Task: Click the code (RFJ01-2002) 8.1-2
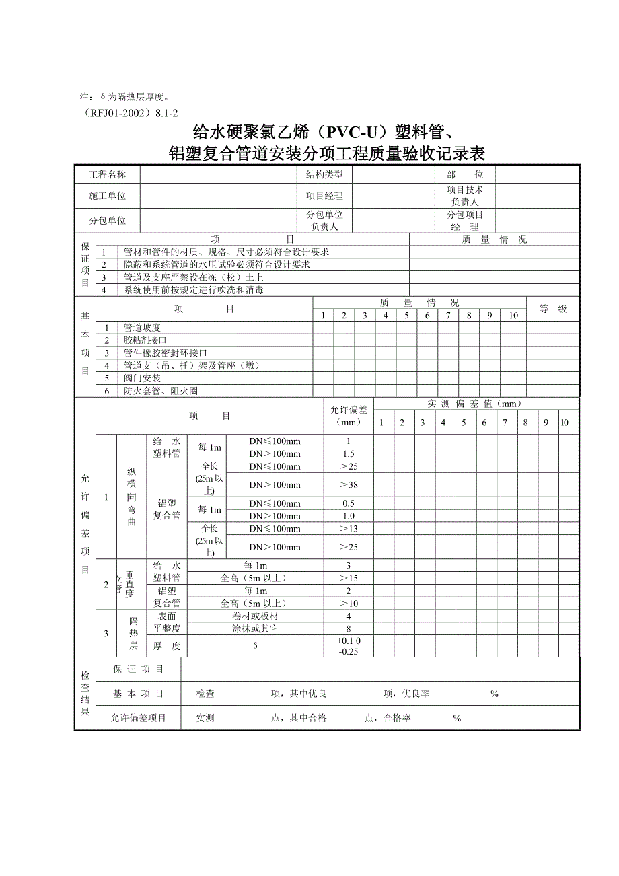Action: tap(128, 113)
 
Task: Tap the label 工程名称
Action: tap(107, 175)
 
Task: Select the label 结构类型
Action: tap(324, 175)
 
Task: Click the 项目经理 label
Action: tap(324, 196)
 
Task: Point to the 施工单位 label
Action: tap(107, 196)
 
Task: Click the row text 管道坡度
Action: tap(141, 328)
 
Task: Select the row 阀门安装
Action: tap(141, 378)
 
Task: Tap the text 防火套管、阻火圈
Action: tap(159, 391)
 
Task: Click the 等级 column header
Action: tap(552, 309)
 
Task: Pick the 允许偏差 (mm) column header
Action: tap(349, 416)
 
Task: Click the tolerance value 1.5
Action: tap(349, 454)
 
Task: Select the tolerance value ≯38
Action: tap(349, 485)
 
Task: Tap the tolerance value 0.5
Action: tap(349, 504)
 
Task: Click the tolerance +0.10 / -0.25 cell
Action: tap(349, 646)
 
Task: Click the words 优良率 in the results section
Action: tap(416, 694)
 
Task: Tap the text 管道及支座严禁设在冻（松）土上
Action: tap(193, 277)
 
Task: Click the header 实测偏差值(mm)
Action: tap(475, 404)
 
